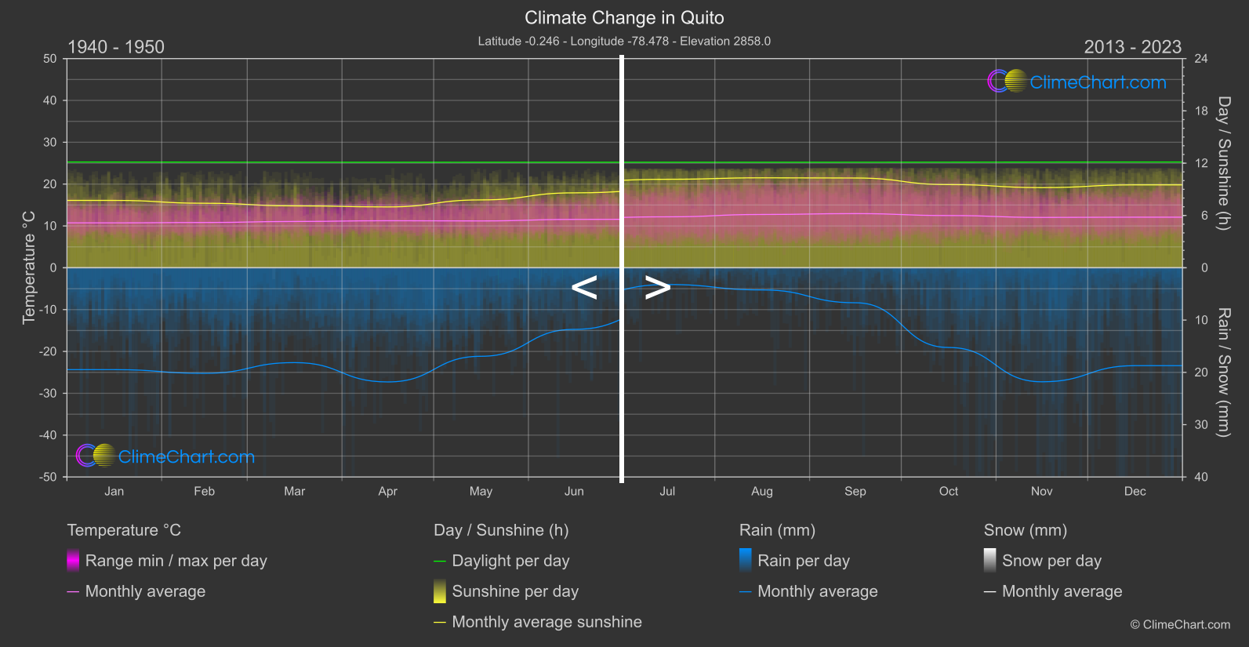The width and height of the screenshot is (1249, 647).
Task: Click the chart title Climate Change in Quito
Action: pyautogui.click(x=624, y=18)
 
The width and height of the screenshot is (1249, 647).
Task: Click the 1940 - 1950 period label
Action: pyautogui.click(x=116, y=47)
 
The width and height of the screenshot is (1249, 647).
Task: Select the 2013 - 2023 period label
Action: pyautogui.click(x=1132, y=47)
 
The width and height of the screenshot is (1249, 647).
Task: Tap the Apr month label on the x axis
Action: pyautogui.click(x=387, y=492)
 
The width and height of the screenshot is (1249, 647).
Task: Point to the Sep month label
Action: pyautogui.click(x=855, y=492)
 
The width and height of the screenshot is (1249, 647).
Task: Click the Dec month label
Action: pyautogui.click(x=1135, y=492)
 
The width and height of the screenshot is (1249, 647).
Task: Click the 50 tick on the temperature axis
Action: pyautogui.click(x=50, y=59)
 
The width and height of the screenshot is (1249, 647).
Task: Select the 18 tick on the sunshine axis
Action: pyautogui.click(x=1201, y=111)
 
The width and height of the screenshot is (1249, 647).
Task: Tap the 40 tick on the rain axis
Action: pyautogui.click(x=1201, y=477)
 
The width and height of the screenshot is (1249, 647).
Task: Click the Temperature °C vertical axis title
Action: pyautogui.click(x=29, y=267)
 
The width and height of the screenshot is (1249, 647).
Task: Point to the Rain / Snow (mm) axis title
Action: pyautogui.click(x=1224, y=372)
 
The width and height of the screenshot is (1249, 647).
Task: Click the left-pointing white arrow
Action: pyautogui.click(x=584, y=288)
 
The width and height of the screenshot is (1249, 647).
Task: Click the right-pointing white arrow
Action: pyautogui.click(x=657, y=288)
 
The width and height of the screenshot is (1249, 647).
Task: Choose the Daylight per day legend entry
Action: pyautogui.click(x=510, y=561)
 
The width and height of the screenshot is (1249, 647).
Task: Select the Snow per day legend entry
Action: pyautogui.click(x=1051, y=561)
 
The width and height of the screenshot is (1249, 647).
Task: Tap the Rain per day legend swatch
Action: pyautogui.click(x=746, y=560)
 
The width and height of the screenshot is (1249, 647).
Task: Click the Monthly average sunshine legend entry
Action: pyautogui.click(x=546, y=622)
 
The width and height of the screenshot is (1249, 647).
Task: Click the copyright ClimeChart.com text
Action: pyautogui.click(x=1180, y=625)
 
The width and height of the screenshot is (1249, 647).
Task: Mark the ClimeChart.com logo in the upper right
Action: pyautogui.click(x=1077, y=82)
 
